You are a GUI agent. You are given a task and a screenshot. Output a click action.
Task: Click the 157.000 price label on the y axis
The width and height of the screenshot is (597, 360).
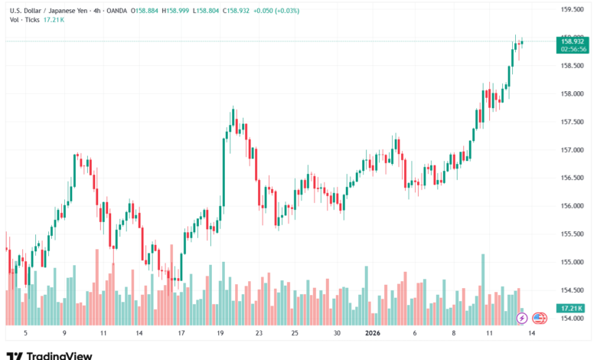point(573,150)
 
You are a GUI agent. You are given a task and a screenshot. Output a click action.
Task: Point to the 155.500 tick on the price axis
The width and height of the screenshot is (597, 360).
point(573,234)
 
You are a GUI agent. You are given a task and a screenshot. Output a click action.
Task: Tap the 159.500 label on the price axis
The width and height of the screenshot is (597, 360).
point(573,9)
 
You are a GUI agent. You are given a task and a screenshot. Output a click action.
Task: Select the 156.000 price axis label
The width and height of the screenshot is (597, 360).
point(573,206)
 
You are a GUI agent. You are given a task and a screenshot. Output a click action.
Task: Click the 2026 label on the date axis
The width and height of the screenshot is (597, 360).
point(373,334)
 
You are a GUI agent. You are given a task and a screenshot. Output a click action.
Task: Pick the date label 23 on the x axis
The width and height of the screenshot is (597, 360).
point(259,334)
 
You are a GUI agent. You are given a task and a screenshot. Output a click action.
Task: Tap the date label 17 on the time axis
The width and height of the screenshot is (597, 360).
point(181,334)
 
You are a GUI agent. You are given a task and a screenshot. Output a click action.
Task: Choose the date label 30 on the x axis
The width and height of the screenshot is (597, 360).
point(337,334)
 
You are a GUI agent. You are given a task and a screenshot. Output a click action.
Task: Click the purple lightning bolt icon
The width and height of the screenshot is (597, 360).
point(522,317)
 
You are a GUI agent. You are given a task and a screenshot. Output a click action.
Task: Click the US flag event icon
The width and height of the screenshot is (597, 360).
point(539,317)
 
